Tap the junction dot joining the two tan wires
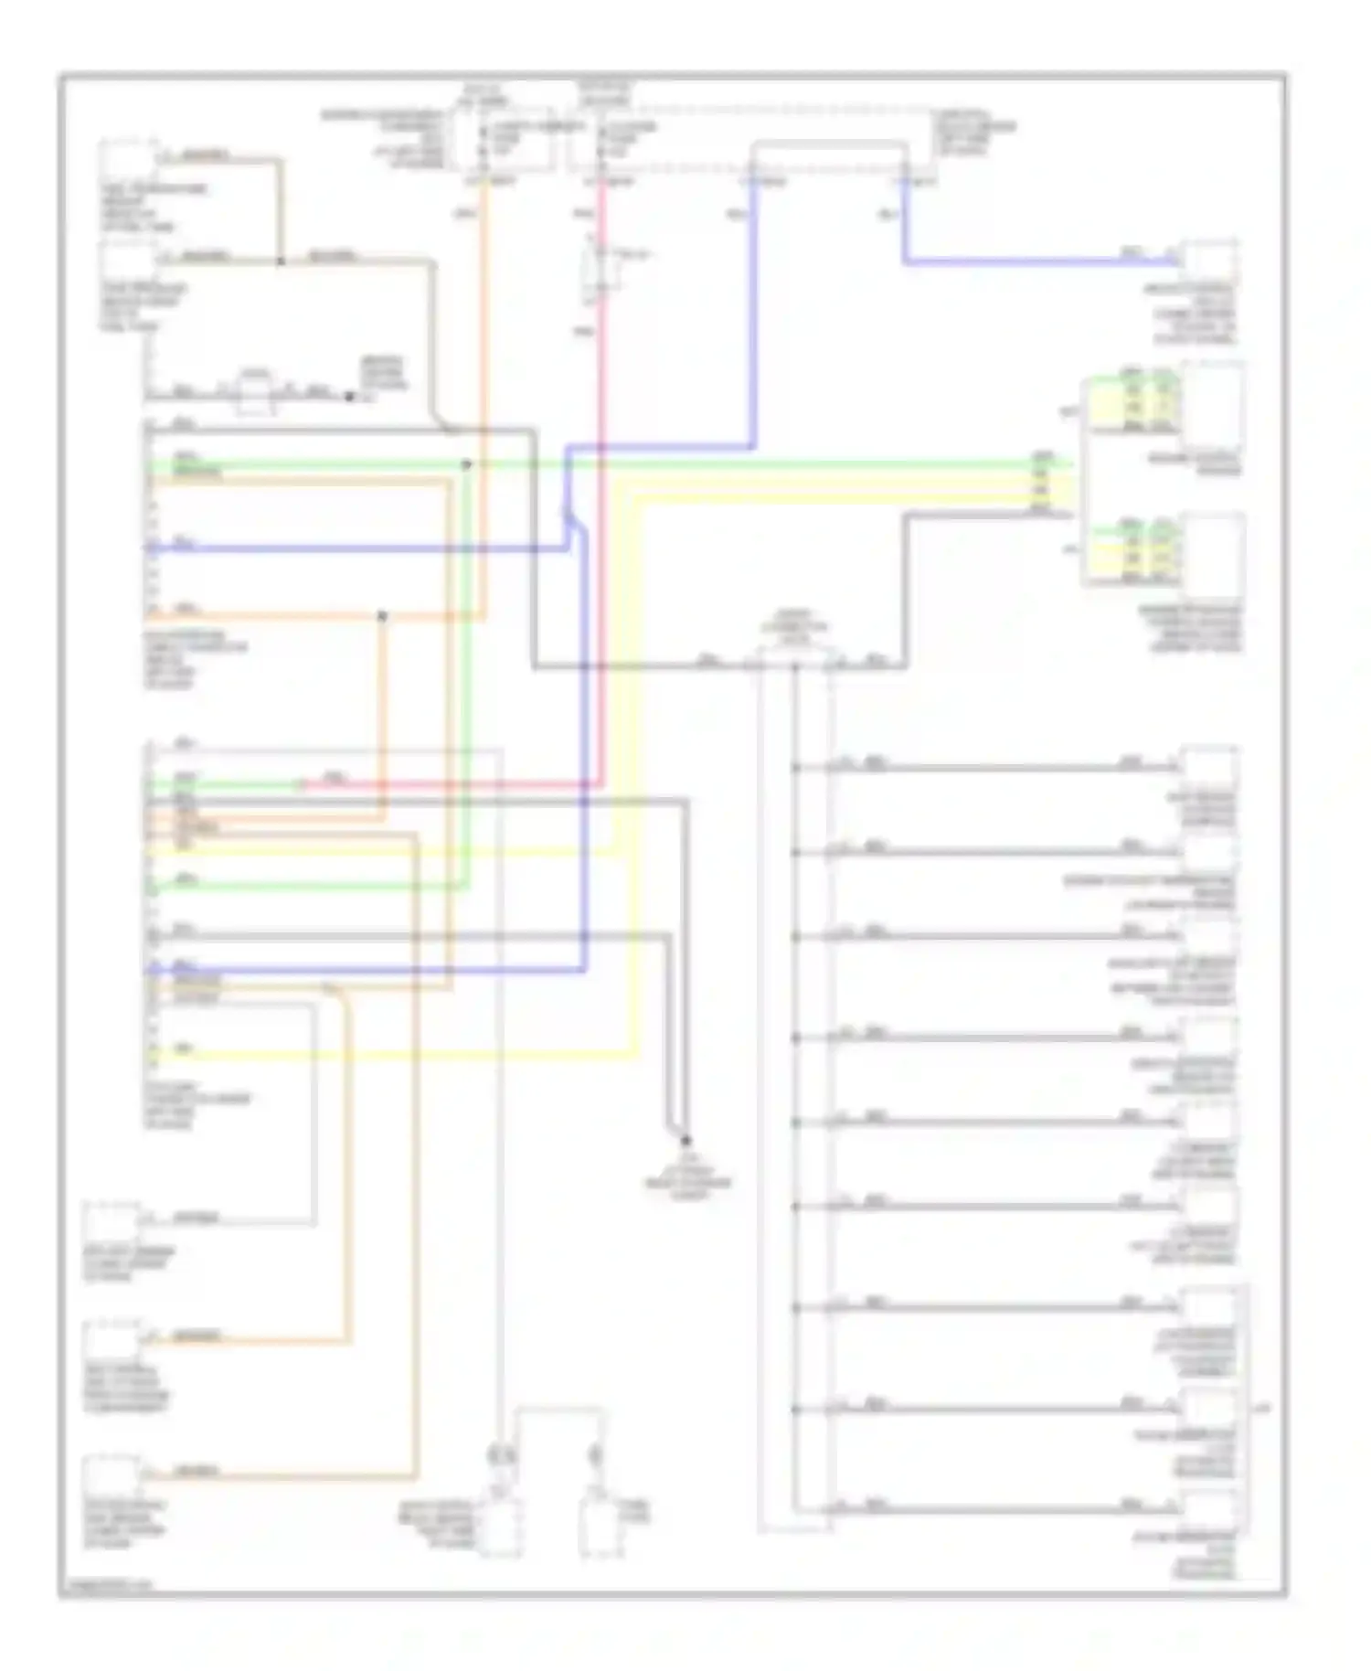[x=281, y=261]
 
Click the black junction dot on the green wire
[x=466, y=464]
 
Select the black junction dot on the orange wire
[x=382, y=616]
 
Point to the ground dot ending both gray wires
[x=685, y=1140]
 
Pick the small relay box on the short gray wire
[x=256, y=392]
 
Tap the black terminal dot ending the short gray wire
[x=348, y=397]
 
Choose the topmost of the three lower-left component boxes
[x=112, y=1225]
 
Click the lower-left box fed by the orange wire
[x=112, y=1341]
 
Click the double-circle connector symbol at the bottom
[x=501, y=1455]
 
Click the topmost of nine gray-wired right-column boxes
[x=1208, y=768]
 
